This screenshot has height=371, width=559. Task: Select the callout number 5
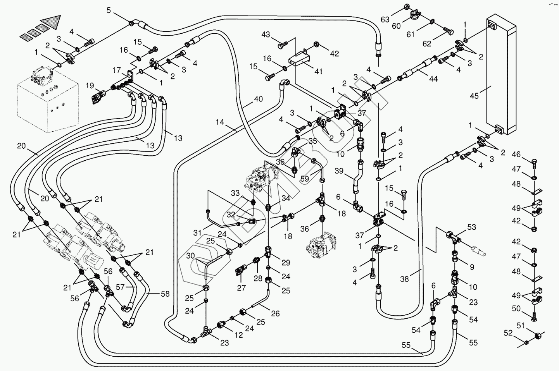click(x=109, y=10)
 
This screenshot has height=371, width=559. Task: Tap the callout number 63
click(x=385, y=19)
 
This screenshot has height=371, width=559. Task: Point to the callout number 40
click(x=258, y=99)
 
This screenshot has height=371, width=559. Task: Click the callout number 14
click(x=220, y=122)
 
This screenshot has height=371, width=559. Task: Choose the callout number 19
click(x=90, y=86)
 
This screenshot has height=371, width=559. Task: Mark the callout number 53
click(x=471, y=227)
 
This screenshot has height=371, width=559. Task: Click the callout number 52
click(x=508, y=333)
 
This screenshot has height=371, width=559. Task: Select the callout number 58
click(x=165, y=294)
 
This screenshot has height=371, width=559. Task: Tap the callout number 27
click(x=242, y=288)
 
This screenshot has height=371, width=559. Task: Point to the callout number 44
click(x=433, y=79)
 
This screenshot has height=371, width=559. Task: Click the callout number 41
click(x=318, y=71)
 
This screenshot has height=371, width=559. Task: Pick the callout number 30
click(x=190, y=256)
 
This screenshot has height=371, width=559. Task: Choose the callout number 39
click(x=339, y=171)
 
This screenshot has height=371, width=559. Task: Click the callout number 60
click(x=396, y=26)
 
